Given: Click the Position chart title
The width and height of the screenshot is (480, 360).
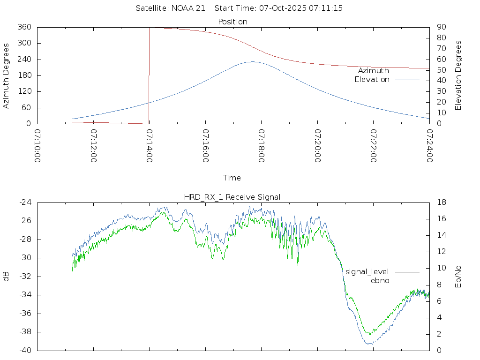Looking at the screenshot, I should [233, 22].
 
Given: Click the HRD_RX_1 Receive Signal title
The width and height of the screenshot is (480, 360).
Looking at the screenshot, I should [232, 197].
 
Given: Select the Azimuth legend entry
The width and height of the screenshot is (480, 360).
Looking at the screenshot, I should [374, 70].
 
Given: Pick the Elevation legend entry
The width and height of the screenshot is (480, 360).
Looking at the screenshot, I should [372, 80].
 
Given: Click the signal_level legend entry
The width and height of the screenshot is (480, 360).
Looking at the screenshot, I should [367, 271].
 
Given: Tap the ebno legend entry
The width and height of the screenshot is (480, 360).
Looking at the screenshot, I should [380, 280].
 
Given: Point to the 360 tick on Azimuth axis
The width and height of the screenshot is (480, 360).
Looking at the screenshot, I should [24, 27].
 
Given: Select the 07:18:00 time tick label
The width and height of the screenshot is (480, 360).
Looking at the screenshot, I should [261, 146].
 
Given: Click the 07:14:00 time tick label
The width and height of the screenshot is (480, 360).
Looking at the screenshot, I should [149, 146].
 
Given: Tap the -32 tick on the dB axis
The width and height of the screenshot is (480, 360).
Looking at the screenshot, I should [24, 277].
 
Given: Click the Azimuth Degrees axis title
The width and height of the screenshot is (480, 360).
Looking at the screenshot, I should [6, 75].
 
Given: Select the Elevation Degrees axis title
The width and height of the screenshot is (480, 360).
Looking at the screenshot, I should [458, 75].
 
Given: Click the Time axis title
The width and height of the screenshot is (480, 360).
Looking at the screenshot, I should [232, 178].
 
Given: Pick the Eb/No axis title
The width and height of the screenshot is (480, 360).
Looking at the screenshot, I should [458, 277].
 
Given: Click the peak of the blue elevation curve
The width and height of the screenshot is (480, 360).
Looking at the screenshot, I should [252, 61].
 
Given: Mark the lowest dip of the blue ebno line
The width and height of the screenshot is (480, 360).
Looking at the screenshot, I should [370, 344].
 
